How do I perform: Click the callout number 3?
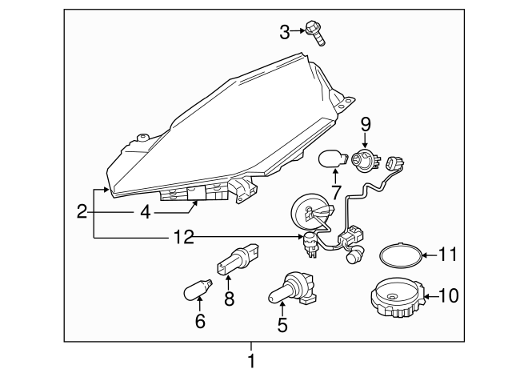point(285,32)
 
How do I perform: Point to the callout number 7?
point(336,192)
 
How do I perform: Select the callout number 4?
point(145,213)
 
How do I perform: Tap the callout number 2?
point(82,212)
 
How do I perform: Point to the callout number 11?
point(449,256)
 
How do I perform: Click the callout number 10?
point(449,297)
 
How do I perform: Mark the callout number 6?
point(200,322)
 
